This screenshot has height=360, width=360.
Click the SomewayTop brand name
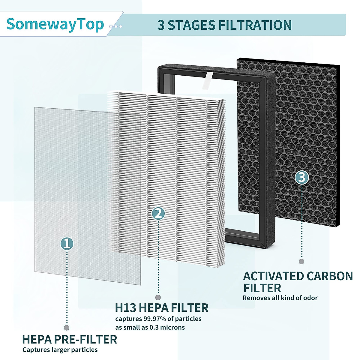[x=55, y=24]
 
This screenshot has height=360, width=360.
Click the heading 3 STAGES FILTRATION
[x=224, y=25]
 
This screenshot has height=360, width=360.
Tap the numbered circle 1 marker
[x=67, y=243]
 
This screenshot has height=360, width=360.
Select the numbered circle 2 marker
[x=158, y=213]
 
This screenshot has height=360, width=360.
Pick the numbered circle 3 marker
[x=301, y=177]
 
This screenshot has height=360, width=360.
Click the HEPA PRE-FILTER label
[x=70, y=340]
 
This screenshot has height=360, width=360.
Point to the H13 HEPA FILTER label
[x=162, y=308]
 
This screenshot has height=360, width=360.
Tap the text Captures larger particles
[x=60, y=350]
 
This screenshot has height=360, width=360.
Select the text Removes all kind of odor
[x=280, y=298]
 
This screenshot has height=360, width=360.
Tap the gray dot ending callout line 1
[x=67, y=328]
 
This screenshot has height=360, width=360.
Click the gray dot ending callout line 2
[x=158, y=297]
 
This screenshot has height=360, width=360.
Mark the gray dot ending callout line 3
[x=301, y=261]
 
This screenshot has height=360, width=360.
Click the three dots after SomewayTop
[x=116, y=26]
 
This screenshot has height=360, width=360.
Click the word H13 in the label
[x=126, y=308]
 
